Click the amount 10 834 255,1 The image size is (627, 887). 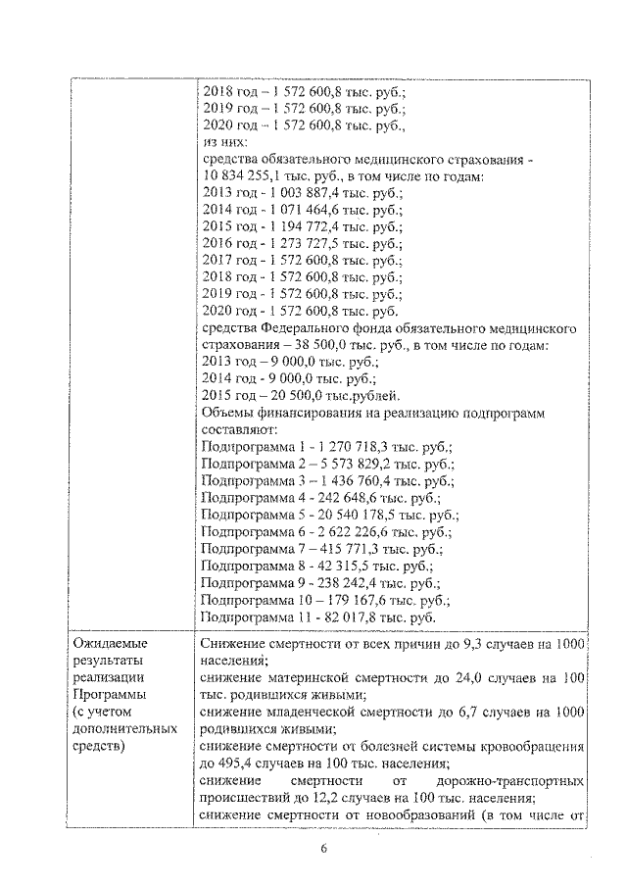pyautogui.click(x=244, y=176)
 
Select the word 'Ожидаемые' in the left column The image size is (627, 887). pyautogui.click(x=111, y=644)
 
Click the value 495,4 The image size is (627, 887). pyautogui.click(x=222, y=763)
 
